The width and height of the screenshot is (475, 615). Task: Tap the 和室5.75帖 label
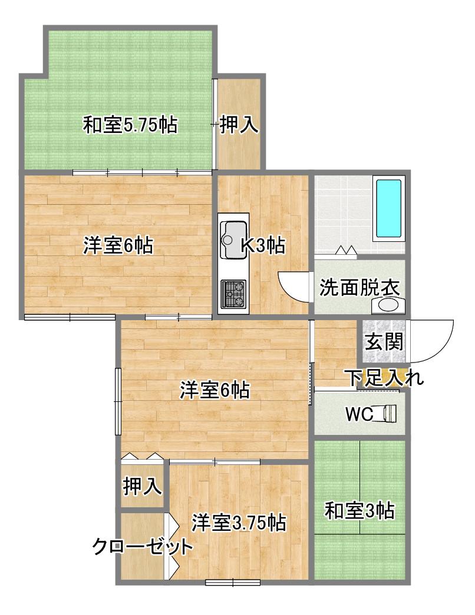[130, 125]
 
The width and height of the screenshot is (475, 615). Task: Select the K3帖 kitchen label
[263, 245]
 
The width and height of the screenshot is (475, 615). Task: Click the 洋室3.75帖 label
[239, 523]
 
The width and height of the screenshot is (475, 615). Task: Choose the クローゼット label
[143, 546]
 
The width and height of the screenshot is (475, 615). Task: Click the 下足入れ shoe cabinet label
[385, 378]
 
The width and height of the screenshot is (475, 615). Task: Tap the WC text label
[359, 414]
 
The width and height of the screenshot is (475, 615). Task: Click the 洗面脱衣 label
[359, 288]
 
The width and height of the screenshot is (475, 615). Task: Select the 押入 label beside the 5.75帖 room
[239, 125]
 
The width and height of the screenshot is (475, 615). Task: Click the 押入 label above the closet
[142, 486]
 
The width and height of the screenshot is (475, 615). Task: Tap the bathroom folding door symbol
[346, 250]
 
